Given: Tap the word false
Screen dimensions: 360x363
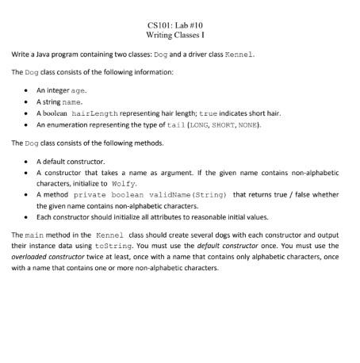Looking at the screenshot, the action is point(304,193).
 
